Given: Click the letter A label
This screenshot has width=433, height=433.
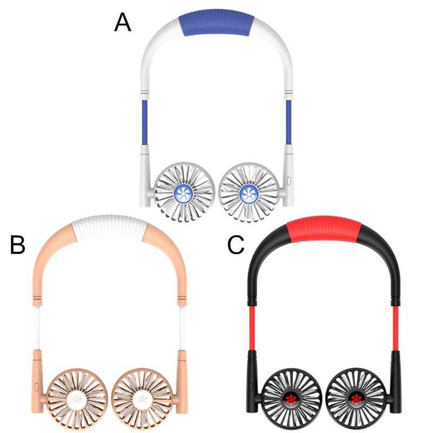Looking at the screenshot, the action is [x=123, y=23].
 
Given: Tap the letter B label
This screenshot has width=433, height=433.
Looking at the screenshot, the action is [x=18, y=244].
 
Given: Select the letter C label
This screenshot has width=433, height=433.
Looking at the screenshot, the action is [x=236, y=245].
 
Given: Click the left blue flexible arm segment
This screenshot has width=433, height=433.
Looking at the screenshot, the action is [x=145, y=122].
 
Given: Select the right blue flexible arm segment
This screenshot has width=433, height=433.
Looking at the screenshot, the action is [x=288, y=122].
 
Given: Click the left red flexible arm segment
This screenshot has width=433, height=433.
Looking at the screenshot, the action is [x=252, y=329].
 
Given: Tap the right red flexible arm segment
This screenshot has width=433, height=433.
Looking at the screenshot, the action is [x=396, y=329].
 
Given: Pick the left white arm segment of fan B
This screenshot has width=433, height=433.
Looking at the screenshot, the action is [x=37, y=328].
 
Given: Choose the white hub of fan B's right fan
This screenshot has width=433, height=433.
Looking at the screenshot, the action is [x=142, y=399].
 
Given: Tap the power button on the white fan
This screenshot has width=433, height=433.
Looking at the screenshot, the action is [x=289, y=181].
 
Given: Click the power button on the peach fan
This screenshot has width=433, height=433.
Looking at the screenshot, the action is [x=37, y=387].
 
